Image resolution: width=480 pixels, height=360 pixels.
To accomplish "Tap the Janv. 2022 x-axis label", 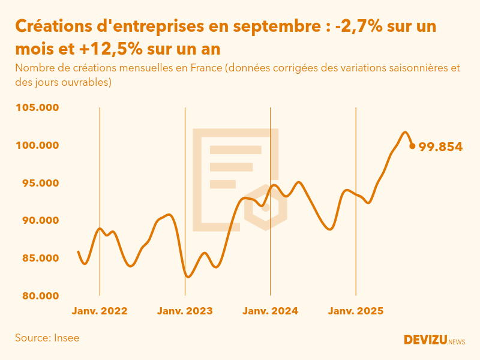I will point(100,311).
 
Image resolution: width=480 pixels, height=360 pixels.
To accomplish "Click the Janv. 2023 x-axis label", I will point(185,311).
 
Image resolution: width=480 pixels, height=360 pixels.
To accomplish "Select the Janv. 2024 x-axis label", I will point(271,311).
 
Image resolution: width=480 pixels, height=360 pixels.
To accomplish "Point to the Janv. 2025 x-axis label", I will point(356,311).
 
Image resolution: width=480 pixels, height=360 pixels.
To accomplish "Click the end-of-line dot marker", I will point(412,146).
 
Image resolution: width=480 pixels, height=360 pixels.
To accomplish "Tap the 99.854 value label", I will point(440,146).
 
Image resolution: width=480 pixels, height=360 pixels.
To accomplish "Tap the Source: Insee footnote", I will point(47,338).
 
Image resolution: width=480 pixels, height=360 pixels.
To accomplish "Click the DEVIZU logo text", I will point(425,340).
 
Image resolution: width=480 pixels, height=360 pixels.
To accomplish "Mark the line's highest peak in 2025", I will point(405,133).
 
